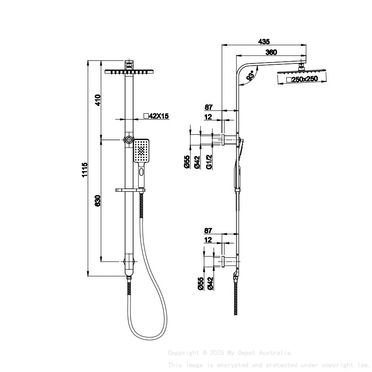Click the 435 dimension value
click(263, 42)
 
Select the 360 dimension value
click(271, 52)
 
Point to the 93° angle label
click(251, 76)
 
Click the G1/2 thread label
click(209, 161)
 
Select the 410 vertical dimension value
click(98, 100)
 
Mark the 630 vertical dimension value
click(98, 200)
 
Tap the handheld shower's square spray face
click(142, 151)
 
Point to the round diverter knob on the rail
click(129, 140)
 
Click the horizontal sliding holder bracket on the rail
click(130, 190)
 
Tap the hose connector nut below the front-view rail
click(129, 277)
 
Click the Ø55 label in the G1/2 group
click(187, 161)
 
